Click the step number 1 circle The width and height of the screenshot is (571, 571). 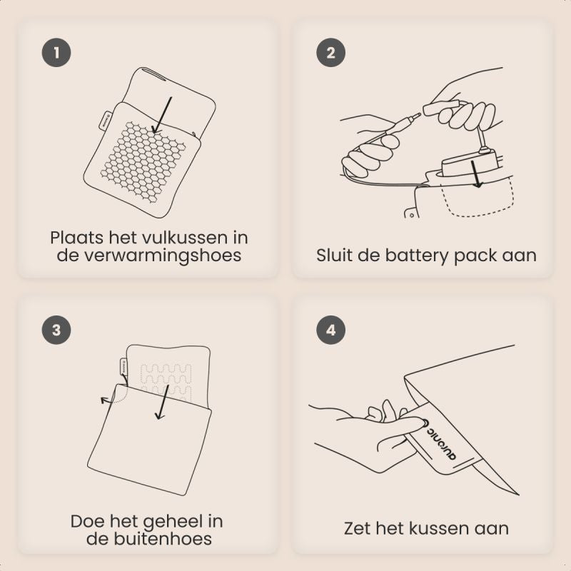click(x=56, y=52)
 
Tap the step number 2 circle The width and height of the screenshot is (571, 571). click(x=330, y=52)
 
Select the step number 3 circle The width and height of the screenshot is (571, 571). click(x=56, y=330)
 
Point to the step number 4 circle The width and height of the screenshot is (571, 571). click(x=330, y=330)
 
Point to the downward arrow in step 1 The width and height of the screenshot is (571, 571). click(x=162, y=115)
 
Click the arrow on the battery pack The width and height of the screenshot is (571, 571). click(x=476, y=174)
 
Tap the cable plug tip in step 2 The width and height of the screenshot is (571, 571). click(x=418, y=116)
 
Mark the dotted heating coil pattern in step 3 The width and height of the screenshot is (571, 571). click(x=166, y=382)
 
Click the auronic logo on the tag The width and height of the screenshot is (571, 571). click(x=440, y=440)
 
